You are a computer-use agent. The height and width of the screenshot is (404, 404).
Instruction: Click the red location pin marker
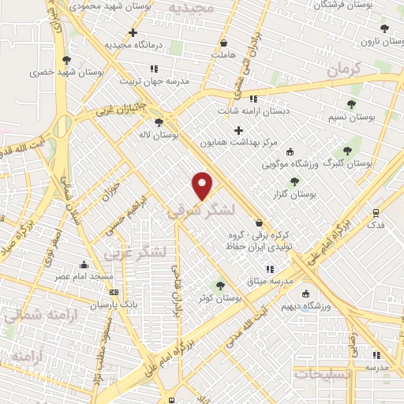pyautogui.click(x=203, y=185)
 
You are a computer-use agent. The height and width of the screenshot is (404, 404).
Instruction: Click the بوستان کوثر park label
pyautogui.click(x=220, y=298)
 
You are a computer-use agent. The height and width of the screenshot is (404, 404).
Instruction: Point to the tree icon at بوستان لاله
pyautogui.click(x=159, y=122)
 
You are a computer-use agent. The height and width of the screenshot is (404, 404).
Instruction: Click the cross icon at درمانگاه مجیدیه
pyautogui.click(x=133, y=33)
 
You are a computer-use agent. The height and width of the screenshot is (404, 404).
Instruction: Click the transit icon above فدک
pyautogui.click(x=376, y=211)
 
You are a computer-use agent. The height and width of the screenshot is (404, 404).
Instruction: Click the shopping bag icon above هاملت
pyautogui.click(x=224, y=43)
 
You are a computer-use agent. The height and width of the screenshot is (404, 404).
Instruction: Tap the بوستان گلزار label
pyautogui.click(x=297, y=193)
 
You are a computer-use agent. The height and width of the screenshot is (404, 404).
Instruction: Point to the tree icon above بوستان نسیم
pyautogui.click(x=351, y=104)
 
